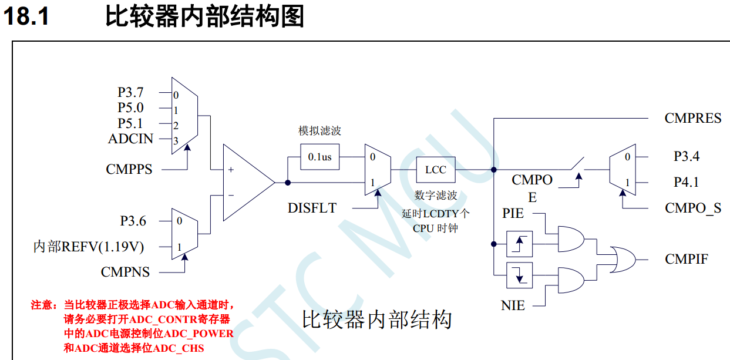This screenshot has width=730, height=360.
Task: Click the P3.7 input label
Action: [x=130, y=93]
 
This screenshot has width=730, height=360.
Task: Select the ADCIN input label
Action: [x=130, y=139]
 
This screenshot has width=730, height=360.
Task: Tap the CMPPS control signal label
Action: [x=129, y=169]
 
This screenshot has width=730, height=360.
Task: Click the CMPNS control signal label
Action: [x=125, y=272]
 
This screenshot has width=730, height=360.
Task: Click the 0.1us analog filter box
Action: [x=319, y=157]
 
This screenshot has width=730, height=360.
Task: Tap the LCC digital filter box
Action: [x=435, y=170]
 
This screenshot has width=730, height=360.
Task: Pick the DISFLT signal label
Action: [x=312, y=208]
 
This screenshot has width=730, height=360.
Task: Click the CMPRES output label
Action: [x=692, y=118]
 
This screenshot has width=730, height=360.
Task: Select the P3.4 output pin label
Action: [x=686, y=157]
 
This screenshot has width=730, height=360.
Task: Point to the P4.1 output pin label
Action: [x=686, y=182]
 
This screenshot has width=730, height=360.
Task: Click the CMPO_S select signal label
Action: [x=693, y=208]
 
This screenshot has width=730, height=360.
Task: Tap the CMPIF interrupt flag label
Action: [x=686, y=259]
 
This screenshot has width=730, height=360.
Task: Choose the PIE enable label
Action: [x=513, y=213]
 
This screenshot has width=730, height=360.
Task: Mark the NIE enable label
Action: [x=513, y=305]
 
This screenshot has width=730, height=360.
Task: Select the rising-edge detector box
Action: [x=519, y=243]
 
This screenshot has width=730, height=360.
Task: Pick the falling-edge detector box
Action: [x=519, y=274]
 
